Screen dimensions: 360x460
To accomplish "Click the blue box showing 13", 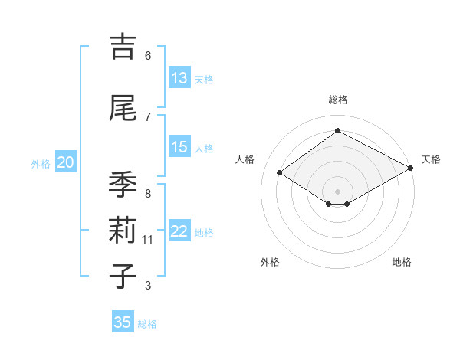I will (x=179, y=78).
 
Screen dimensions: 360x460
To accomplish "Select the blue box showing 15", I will (x=179, y=147).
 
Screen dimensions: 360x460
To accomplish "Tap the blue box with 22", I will (x=179, y=232).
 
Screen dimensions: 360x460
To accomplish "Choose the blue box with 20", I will (x=66, y=162).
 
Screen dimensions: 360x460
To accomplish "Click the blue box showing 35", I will (x=123, y=322).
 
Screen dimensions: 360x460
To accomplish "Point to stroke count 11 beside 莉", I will (x=148, y=240).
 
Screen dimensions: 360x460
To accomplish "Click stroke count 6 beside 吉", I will (x=148, y=56).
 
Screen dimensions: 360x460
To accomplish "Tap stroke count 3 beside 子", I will (x=148, y=286).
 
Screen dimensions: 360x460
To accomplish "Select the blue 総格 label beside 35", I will (x=147, y=324).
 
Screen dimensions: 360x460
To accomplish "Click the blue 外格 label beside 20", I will (x=41, y=164).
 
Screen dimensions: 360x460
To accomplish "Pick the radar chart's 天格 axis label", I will (x=431, y=159).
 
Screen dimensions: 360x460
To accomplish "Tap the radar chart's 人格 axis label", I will (x=245, y=159).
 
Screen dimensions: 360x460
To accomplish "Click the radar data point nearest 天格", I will (x=411, y=169).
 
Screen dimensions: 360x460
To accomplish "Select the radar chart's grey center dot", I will (x=337, y=190).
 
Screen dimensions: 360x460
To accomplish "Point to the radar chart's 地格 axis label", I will (x=402, y=262).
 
